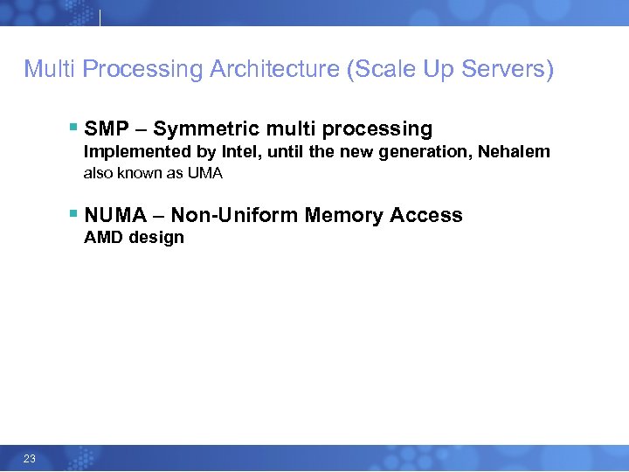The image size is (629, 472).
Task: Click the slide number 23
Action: point(29,459)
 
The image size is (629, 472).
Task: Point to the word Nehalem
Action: point(514,152)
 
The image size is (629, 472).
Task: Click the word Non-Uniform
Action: point(234,215)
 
